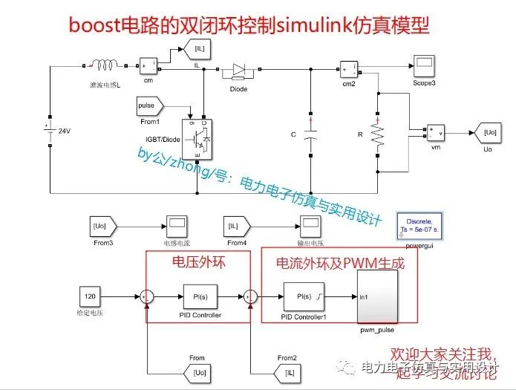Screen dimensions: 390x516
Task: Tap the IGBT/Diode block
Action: (x=197, y=137)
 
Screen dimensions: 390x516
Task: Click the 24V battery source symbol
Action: (x=49, y=131)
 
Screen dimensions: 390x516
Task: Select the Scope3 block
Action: (x=424, y=68)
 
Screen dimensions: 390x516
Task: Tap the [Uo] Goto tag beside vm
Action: (x=488, y=133)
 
